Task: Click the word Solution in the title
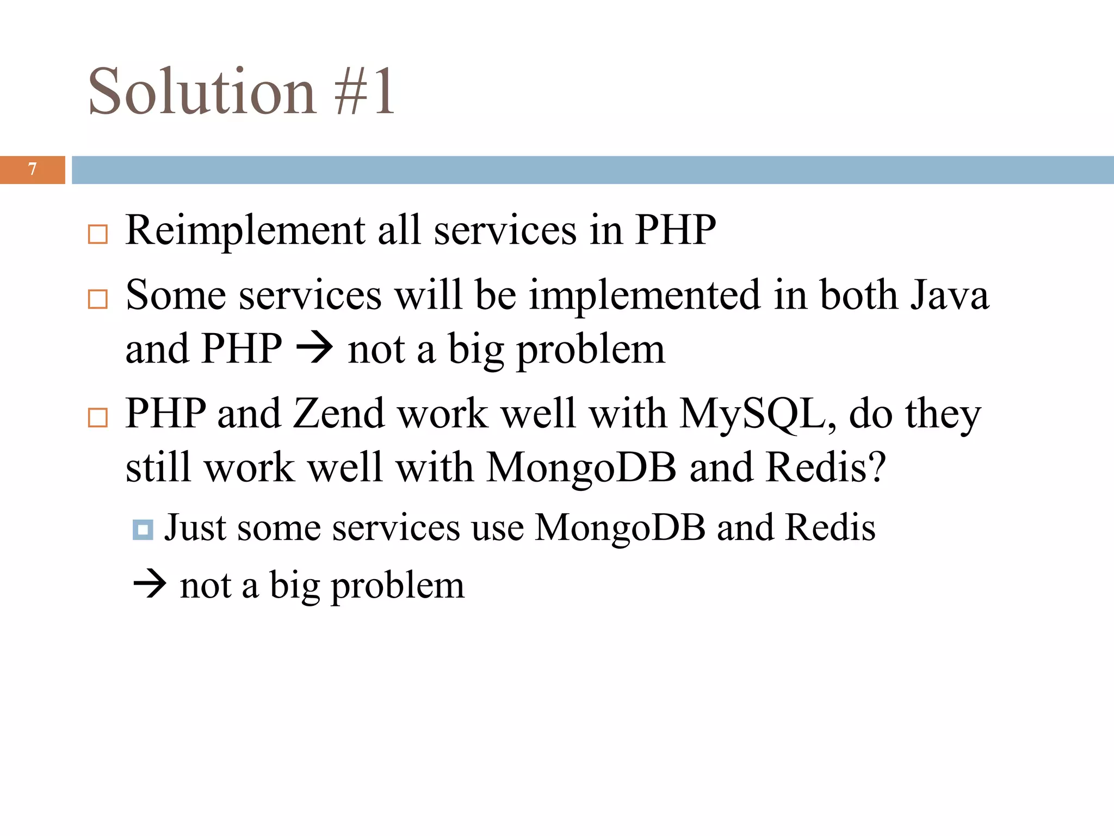pyautogui.click(x=202, y=91)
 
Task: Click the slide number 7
pyautogui.click(x=33, y=169)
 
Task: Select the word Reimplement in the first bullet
pyautogui.click(x=245, y=231)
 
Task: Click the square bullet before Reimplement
pyautogui.click(x=98, y=235)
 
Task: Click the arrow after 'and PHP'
pyautogui.click(x=314, y=348)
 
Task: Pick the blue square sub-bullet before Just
pyautogui.click(x=143, y=529)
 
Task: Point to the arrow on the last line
pyautogui.click(x=150, y=585)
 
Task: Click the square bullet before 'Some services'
pyautogui.click(x=98, y=299)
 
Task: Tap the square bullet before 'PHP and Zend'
pyautogui.click(x=98, y=418)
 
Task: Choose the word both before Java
pyautogui.click(x=858, y=296)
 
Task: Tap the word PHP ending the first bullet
pyautogui.click(x=675, y=231)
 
